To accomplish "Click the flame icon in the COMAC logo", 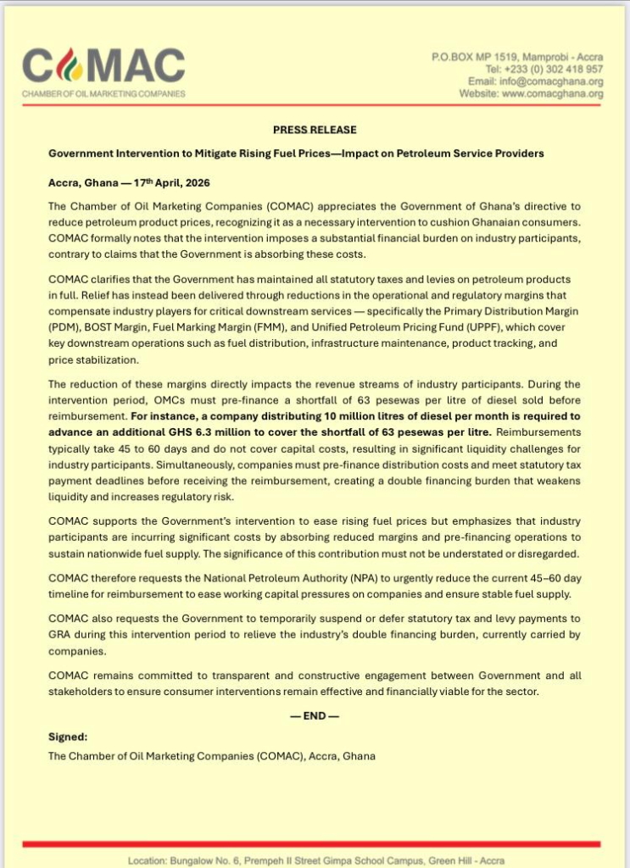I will point(68,64).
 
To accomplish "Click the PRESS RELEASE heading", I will point(315,130).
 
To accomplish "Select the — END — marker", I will point(315,715).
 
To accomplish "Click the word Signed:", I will point(68,737).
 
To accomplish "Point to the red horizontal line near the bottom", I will point(315,844).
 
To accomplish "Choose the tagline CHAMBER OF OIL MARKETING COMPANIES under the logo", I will point(103,94).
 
